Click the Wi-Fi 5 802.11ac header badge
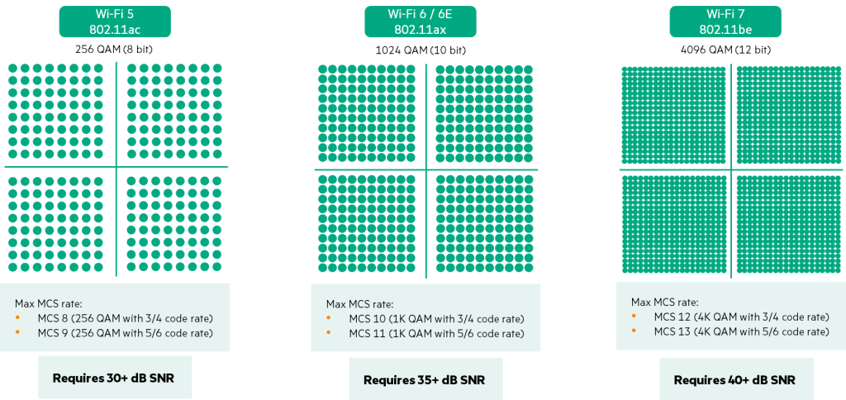pyautogui.click(x=114, y=21)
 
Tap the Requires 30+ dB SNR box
pyautogui.click(x=114, y=378)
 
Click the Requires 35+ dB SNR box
pyautogui.click(x=424, y=379)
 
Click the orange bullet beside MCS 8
pyautogui.click(x=18, y=318)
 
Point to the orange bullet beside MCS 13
pyautogui.click(x=635, y=331)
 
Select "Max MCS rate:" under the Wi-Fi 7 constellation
pyautogui.click(x=664, y=302)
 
